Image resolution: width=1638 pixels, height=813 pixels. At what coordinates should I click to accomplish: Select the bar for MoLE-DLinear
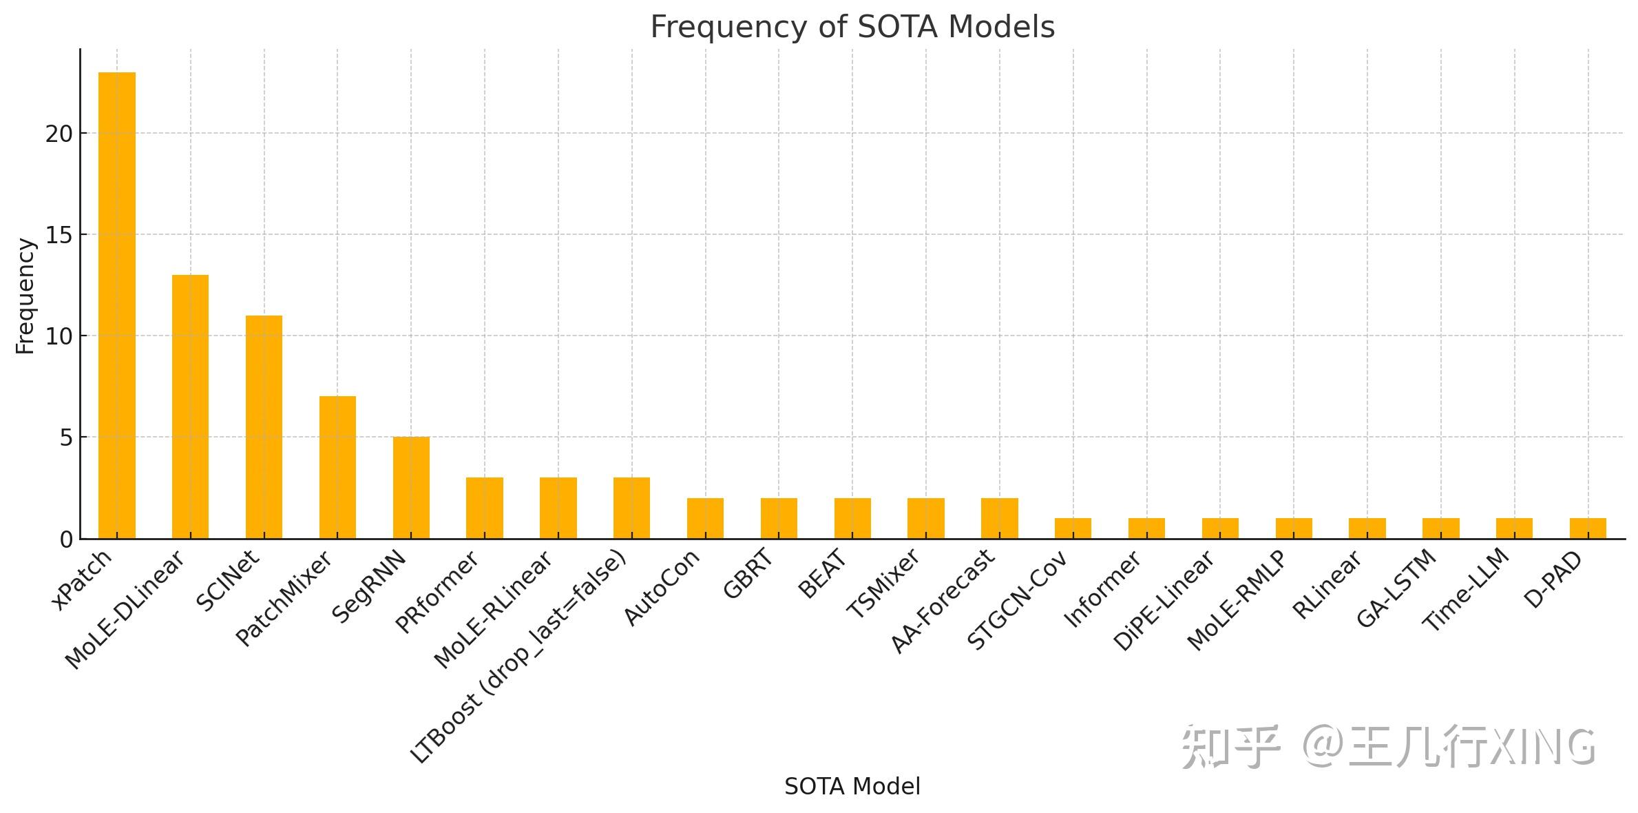(x=190, y=406)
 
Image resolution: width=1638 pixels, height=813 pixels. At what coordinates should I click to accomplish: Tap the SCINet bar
(x=264, y=426)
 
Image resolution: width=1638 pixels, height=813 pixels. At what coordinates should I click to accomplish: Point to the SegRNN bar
(x=411, y=487)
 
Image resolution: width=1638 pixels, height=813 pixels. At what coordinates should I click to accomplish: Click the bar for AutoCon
(x=705, y=518)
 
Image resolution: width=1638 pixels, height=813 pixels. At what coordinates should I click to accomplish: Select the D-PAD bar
(x=1588, y=528)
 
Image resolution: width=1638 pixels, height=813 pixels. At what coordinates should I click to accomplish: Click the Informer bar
(x=1146, y=528)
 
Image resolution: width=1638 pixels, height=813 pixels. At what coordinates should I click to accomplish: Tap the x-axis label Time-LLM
(x=1467, y=590)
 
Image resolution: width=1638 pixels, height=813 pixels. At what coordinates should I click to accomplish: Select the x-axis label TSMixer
(x=883, y=583)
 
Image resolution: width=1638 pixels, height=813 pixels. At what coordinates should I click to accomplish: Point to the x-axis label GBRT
(x=748, y=574)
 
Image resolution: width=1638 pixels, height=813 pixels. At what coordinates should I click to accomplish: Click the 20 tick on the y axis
(x=59, y=134)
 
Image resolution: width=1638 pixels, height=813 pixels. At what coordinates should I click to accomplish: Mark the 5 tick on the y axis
(x=65, y=438)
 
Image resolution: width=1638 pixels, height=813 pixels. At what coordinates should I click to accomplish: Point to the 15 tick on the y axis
(x=59, y=235)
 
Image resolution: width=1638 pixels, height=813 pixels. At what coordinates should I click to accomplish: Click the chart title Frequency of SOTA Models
(x=852, y=28)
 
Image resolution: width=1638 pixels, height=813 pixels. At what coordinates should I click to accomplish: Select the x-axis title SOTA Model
(x=852, y=786)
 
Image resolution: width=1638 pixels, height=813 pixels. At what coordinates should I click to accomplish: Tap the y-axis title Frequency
(x=25, y=296)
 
